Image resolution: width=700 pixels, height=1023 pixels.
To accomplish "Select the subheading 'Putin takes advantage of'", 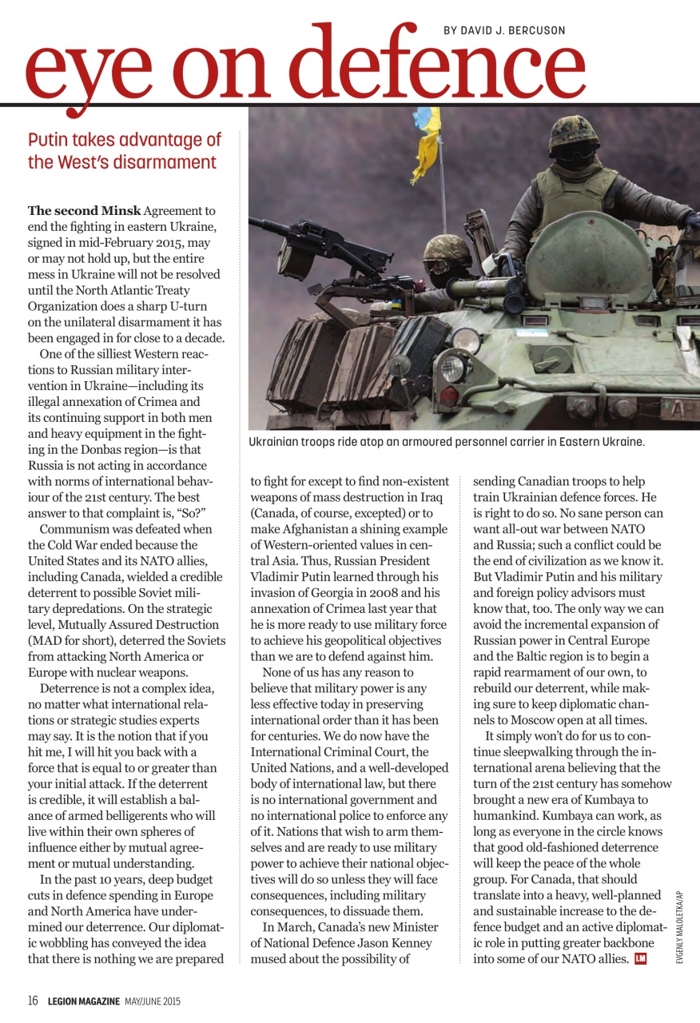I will [x=125, y=140].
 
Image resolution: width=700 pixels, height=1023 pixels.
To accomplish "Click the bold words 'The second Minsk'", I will [x=84, y=210].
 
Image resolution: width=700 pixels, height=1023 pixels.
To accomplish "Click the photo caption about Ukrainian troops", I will [x=446, y=442].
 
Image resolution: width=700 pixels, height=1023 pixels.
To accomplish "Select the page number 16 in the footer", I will [x=34, y=1001].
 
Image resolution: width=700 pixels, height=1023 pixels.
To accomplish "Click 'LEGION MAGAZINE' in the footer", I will [x=83, y=1001].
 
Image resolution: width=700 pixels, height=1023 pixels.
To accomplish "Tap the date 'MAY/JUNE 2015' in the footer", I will [x=153, y=1001].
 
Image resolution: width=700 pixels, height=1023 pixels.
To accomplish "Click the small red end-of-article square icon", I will [x=640, y=958].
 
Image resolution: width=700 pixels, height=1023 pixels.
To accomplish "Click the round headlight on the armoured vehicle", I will [x=453, y=368].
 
